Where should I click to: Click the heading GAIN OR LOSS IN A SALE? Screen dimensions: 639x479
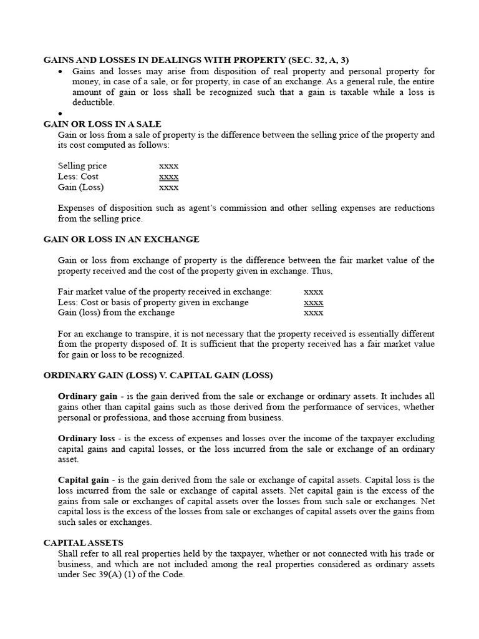pyautogui.click(x=102, y=124)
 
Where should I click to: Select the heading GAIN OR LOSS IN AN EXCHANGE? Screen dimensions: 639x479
pyautogui.click(x=121, y=239)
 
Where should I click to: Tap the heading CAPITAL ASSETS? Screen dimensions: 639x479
pyautogui.click(x=83, y=543)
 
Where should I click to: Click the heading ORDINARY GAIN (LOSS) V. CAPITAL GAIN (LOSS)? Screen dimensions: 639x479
pyautogui.click(x=158, y=375)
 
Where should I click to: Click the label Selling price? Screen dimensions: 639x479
pyautogui.click(x=82, y=166)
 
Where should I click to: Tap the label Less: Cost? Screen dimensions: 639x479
pyautogui.click(x=78, y=177)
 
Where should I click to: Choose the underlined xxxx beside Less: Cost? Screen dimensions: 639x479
pyautogui.click(x=168, y=177)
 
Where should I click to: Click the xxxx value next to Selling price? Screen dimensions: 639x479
pyautogui.click(x=168, y=166)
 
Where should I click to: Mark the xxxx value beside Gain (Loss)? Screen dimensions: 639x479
pyautogui.click(x=168, y=187)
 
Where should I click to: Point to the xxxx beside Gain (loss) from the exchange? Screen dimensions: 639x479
pyautogui.click(x=313, y=313)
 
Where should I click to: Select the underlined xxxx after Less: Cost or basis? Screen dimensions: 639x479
pyautogui.click(x=313, y=302)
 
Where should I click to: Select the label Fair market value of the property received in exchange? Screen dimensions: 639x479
pyautogui.click(x=165, y=291)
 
